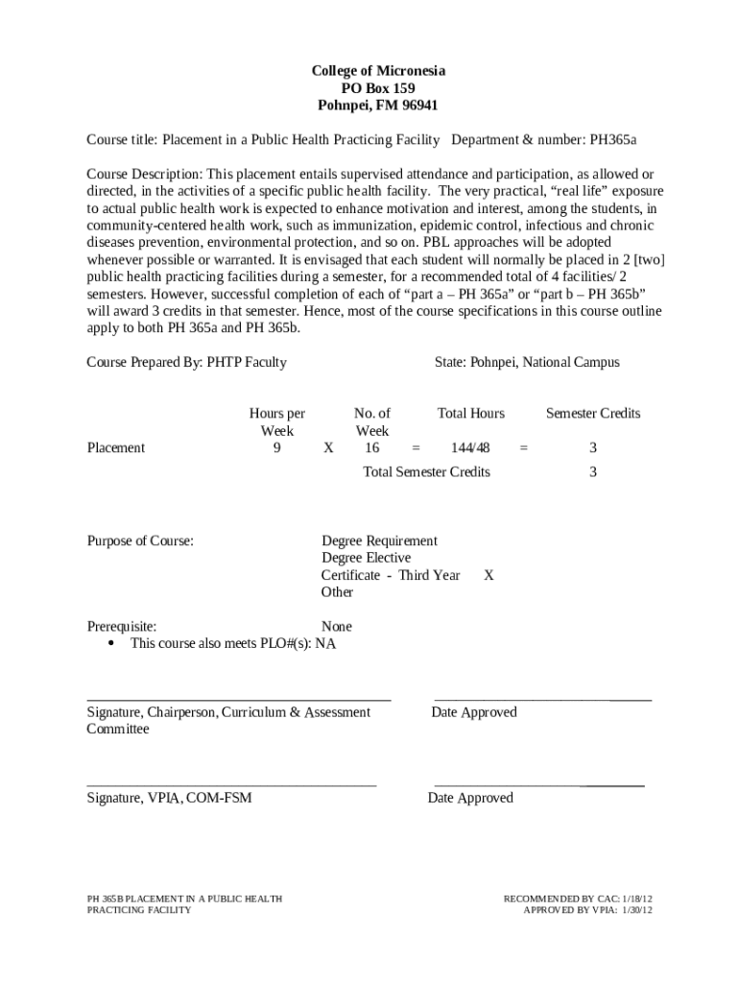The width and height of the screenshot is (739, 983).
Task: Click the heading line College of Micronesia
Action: pos(378,72)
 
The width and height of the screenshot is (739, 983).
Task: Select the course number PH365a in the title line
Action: pos(613,140)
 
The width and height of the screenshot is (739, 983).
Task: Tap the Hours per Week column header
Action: pos(277,422)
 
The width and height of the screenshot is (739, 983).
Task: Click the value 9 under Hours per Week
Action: pos(277,448)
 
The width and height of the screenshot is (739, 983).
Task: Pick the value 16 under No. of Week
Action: pos(371,448)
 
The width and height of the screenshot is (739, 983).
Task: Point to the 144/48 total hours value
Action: pos(470,448)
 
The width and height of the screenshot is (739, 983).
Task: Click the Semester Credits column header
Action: pos(593,414)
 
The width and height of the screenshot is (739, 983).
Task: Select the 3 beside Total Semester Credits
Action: pos(593,472)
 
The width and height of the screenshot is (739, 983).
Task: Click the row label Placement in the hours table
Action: pos(116,448)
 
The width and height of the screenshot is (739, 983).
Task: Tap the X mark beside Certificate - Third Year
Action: pos(489,575)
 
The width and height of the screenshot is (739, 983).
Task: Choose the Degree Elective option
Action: pos(366,558)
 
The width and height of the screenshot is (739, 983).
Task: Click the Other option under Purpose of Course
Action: pos(337,592)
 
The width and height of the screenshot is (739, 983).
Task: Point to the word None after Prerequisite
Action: pos(337,627)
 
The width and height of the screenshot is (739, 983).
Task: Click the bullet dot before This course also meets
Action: pos(111,643)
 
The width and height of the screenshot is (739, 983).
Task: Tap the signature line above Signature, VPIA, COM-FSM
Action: pos(231,784)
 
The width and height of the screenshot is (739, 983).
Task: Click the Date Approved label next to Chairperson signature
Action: pos(474,712)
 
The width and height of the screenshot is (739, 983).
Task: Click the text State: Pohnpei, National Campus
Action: pos(527,363)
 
